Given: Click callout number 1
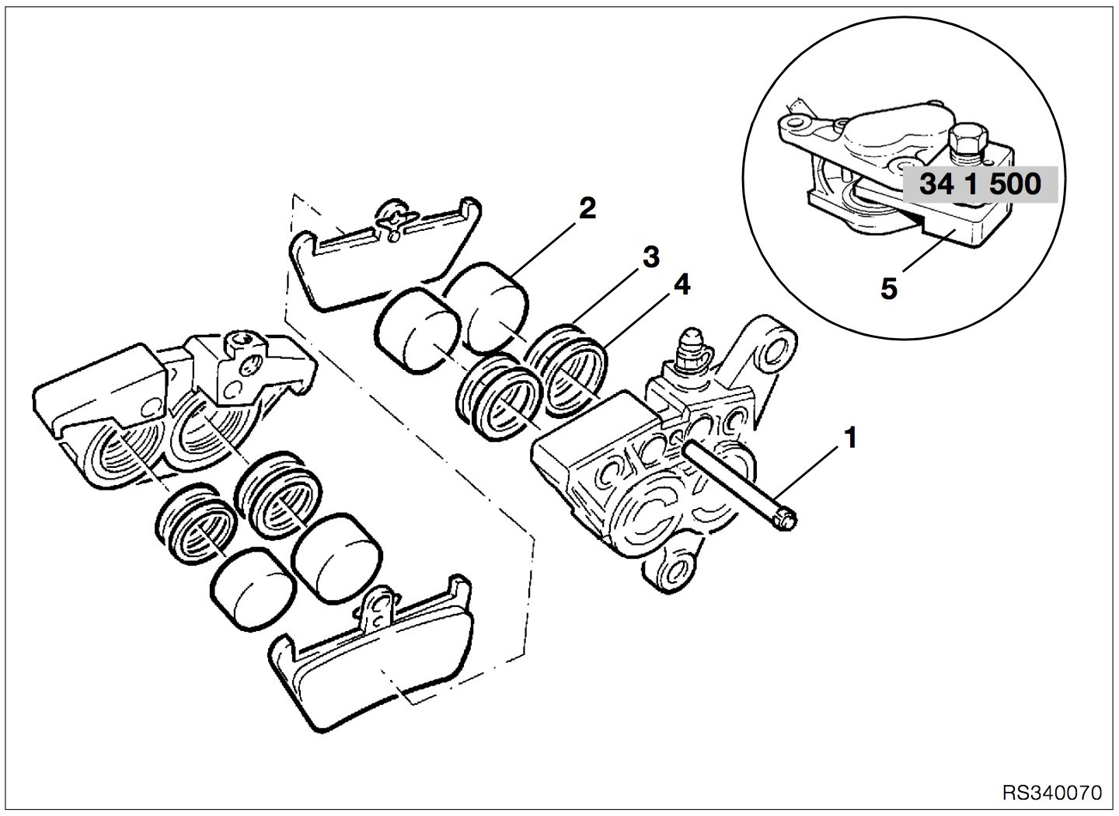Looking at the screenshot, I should tap(850, 438).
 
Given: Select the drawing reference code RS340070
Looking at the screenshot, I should tap(1051, 793).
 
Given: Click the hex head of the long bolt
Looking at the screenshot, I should tap(786, 522).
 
